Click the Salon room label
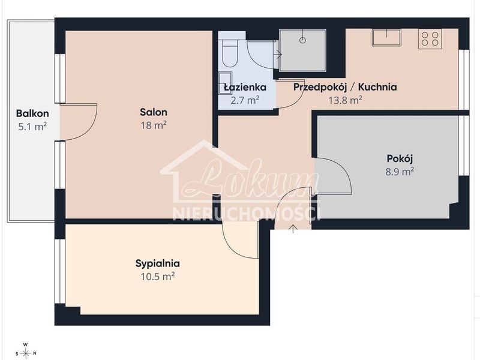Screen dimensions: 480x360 pyautogui.click(x=154, y=112)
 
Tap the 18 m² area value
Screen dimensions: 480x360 pyautogui.click(x=154, y=125)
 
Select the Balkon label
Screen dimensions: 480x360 pyautogui.click(x=32, y=113)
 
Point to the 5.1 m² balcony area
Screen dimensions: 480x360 pyautogui.click(x=32, y=126)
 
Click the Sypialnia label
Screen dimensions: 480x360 pyautogui.click(x=157, y=263)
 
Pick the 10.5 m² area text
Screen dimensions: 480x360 pyautogui.click(x=157, y=277)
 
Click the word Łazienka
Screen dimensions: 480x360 pyautogui.click(x=245, y=87)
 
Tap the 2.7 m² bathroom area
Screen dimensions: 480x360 pyautogui.click(x=245, y=100)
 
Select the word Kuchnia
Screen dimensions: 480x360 pyautogui.click(x=377, y=87)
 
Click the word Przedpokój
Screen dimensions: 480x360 pyautogui.click(x=320, y=87)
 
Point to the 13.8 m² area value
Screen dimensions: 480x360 pyautogui.click(x=346, y=100)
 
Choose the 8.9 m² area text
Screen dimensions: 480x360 pyautogui.click(x=400, y=172)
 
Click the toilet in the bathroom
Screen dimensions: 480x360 pyautogui.click(x=230, y=52)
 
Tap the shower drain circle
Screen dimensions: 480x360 pyautogui.click(x=302, y=40)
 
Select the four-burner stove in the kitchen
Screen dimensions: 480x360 pyautogui.click(x=430, y=39)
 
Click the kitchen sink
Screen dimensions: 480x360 pyautogui.click(x=386, y=37)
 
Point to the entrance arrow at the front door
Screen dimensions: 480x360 pyautogui.click(x=293, y=229)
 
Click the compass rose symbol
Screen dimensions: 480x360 pyautogui.click(x=26, y=353)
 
